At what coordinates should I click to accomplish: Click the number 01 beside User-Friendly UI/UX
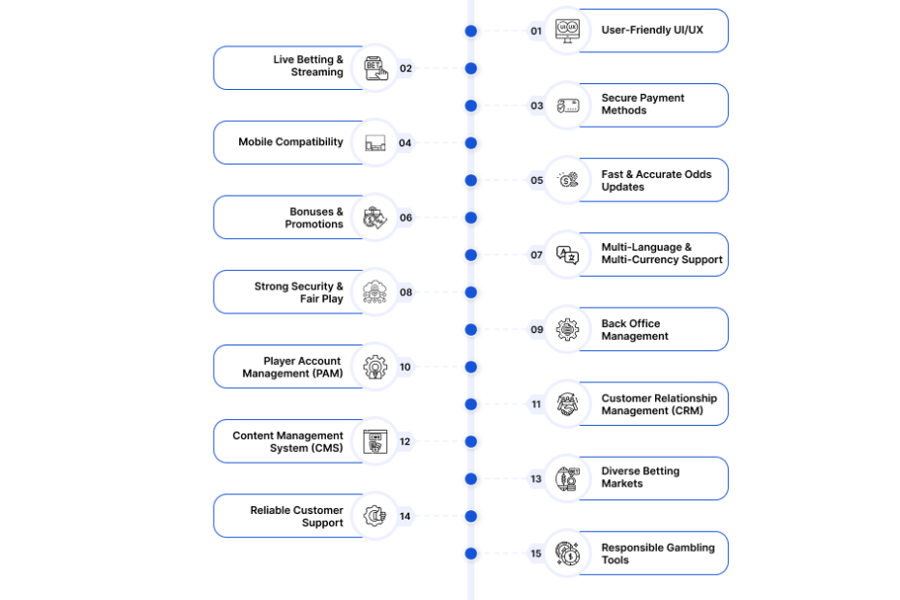tap(536, 31)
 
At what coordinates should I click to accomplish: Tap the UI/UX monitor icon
tap(568, 30)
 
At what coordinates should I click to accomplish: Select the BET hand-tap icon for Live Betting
tap(375, 69)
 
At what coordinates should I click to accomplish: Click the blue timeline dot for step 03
tap(471, 105)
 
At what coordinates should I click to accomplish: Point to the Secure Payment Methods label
tap(643, 104)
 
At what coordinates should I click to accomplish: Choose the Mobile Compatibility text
tap(290, 142)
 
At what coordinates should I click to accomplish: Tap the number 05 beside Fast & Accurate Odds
tap(537, 180)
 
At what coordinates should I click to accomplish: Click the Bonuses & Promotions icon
tap(375, 218)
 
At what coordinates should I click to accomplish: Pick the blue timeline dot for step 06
tap(471, 218)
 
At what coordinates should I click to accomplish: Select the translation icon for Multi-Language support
tap(568, 255)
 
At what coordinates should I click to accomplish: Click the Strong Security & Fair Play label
tap(298, 292)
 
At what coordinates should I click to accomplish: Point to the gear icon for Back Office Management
tap(568, 330)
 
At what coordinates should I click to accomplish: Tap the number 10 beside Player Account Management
tap(405, 367)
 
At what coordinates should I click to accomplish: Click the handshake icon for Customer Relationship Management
tap(568, 405)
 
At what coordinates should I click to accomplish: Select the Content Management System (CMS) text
tap(287, 441)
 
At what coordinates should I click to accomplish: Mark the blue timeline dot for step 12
tap(471, 441)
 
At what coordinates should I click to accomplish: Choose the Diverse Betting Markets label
tap(640, 477)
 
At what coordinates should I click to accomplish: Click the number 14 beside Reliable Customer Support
tap(405, 516)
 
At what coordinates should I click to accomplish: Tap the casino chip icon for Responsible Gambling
tap(568, 554)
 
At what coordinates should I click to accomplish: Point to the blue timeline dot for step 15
tap(471, 554)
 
